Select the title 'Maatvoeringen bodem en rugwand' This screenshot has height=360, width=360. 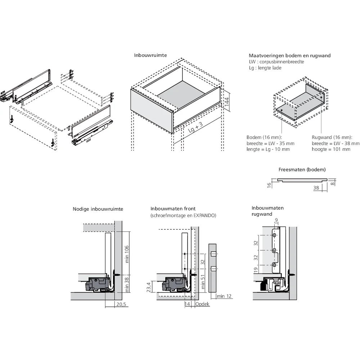click(289, 55)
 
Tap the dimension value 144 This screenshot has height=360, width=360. click(226, 102)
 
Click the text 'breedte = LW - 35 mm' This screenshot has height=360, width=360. click(270, 143)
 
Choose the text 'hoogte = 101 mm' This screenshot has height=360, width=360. click(331, 149)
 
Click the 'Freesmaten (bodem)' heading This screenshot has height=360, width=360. click(302, 169)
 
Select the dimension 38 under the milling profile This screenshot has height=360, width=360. click(316, 188)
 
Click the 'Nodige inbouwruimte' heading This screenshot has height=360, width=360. click(98, 209)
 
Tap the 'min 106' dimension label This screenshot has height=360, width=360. click(127, 254)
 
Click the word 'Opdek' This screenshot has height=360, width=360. click(202, 304)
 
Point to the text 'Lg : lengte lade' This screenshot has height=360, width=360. click(265, 68)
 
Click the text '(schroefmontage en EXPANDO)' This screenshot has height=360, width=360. click(183, 215)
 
